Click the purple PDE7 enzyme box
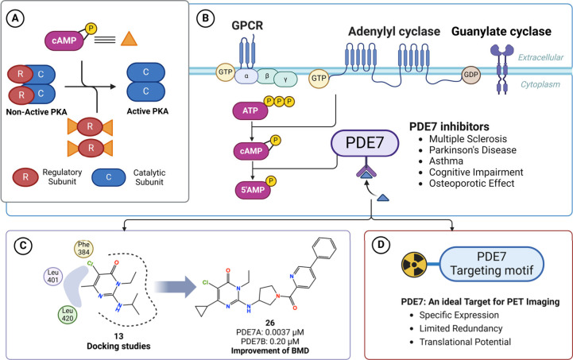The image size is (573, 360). (365, 143)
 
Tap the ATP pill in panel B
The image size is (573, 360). (250, 110)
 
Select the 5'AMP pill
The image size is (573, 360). (253, 190)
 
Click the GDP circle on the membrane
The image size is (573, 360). (470, 75)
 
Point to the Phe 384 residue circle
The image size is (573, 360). (83, 249)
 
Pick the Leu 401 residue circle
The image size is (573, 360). (53, 277)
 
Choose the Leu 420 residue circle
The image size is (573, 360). (68, 315)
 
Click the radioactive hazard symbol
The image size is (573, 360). (414, 265)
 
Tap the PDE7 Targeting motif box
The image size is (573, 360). (491, 264)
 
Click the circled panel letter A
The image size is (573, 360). (15, 18)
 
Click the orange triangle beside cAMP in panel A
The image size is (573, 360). (129, 39)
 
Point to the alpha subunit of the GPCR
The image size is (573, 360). (246, 77)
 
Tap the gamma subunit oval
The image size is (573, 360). (285, 79)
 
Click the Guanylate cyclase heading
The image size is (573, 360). (501, 32)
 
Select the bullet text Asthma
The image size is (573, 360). (446, 161)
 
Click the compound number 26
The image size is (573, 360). (270, 323)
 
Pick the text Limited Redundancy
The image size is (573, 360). (461, 328)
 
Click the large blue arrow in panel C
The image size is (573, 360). (175, 287)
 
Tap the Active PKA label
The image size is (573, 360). (148, 111)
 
